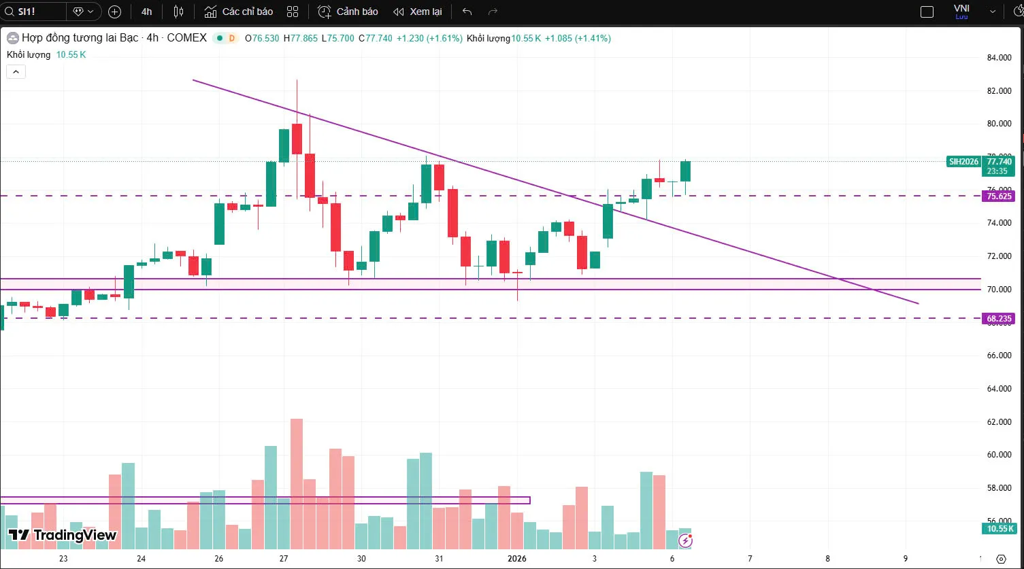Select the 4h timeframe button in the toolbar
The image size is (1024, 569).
[147, 12]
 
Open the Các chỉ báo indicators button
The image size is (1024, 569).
[239, 12]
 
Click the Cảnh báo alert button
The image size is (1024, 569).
[348, 12]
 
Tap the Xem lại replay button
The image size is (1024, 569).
[418, 12]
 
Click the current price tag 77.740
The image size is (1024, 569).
[1000, 162]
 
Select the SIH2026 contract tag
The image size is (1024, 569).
[963, 162]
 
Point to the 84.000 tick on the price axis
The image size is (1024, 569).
[999, 58]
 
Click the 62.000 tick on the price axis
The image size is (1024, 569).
[999, 422]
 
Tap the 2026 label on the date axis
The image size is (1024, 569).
[517, 559]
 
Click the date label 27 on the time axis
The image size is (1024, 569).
[284, 559]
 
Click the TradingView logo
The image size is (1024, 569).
[62, 535]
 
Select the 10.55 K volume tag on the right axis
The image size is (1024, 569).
[999, 528]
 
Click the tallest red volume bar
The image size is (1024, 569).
[297, 483]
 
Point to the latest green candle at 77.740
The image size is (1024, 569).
[686, 171]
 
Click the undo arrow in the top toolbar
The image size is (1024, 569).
[467, 12]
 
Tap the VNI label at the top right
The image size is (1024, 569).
[961, 9]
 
